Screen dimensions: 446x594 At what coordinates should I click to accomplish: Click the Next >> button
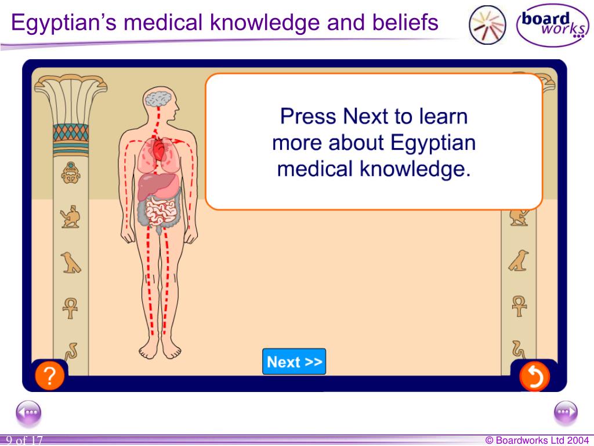click(x=294, y=362)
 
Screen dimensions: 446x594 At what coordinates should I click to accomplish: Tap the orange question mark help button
click(x=50, y=377)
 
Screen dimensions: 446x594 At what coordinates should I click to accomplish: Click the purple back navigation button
click(x=28, y=413)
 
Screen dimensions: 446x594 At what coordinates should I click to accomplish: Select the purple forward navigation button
click(x=566, y=413)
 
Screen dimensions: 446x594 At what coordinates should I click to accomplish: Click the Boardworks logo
click(x=552, y=26)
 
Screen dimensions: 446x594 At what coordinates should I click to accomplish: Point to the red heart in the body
click(x=158, y=150)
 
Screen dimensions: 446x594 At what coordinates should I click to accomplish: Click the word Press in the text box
click(x=308, y=117)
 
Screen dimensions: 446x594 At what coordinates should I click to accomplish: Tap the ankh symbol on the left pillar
click(x=70, y=307)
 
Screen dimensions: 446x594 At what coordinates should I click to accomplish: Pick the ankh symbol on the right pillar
click(x=519, y=305)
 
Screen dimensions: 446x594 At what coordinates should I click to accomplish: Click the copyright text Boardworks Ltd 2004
click(x=537, y=440)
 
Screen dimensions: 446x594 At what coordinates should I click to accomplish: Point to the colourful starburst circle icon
click(x=487, y=24)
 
